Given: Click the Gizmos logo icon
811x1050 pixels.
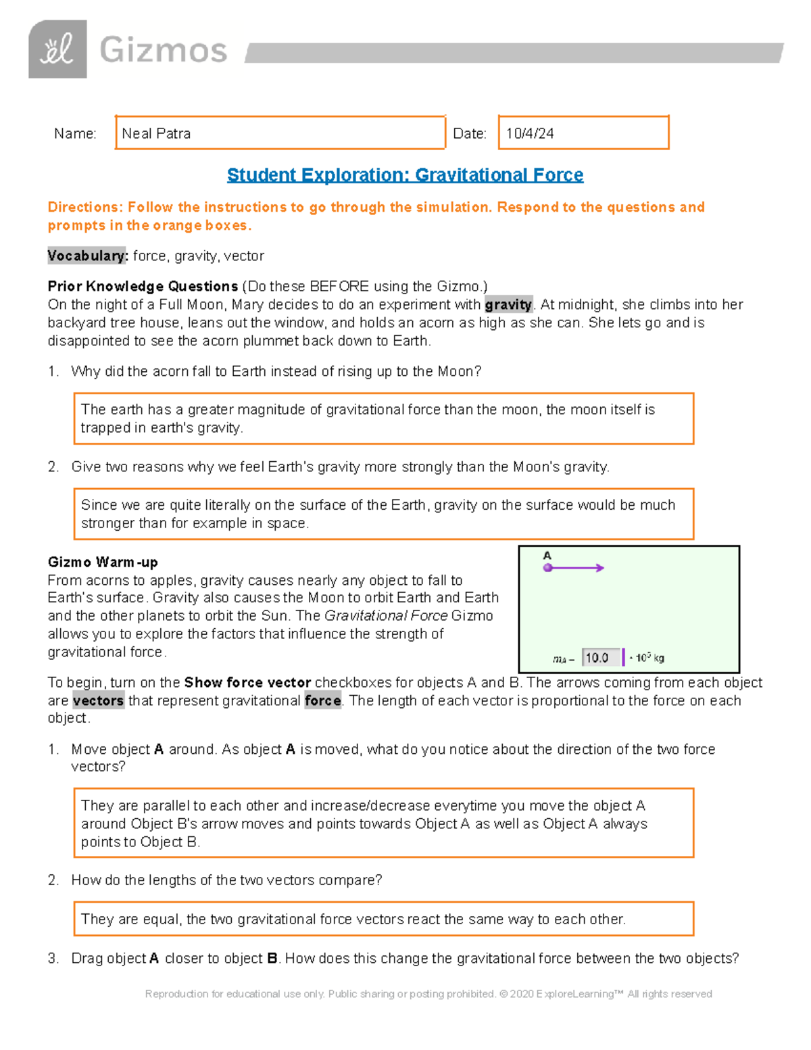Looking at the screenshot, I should click(x=57, y=49).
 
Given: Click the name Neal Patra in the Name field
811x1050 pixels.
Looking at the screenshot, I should click(x=156, y=134).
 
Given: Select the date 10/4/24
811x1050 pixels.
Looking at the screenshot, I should click(x=530, y=134).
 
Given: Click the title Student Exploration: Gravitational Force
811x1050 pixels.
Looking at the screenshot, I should click(x=405, y=175).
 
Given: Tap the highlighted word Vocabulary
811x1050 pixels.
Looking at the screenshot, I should click(x=87, y=256).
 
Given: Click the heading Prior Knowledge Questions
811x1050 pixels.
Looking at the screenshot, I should click(x=143, y=286).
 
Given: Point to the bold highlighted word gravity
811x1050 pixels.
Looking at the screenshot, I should click(x=508, y=305).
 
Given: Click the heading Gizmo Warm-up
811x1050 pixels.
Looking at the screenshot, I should click(x=103, y=563).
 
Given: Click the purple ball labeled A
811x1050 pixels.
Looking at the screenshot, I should click(x=547, y=568).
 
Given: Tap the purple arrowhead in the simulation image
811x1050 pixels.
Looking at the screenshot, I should click(x=599, y=568).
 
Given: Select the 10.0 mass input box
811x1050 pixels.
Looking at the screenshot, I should click(x=600, y=658).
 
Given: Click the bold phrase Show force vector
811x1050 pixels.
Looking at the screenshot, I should click(x=247, y=683).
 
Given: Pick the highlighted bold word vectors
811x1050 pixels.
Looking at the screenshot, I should click(x=98, y=701).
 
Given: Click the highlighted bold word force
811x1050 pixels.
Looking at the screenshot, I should click(x=322, y=701).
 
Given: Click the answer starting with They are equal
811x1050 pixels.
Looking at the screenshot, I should click(x=353, y=920).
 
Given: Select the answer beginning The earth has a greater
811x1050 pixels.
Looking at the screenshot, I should click(x=368, y=419).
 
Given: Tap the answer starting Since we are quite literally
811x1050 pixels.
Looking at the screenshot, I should click(x=378, y=514).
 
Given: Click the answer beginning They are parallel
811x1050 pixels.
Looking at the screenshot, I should click(x=364, y=824).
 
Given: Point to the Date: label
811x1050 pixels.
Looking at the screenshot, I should click(x=470, y=134).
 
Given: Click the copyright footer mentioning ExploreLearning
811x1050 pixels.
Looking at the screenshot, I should click(x=428, y=994).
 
